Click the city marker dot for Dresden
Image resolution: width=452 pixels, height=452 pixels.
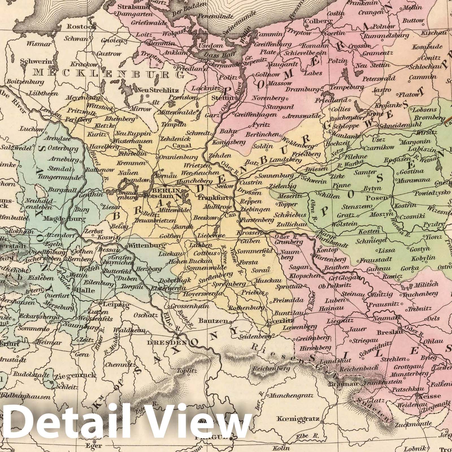pos(178,338)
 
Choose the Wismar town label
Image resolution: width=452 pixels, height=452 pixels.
pos(39,44)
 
